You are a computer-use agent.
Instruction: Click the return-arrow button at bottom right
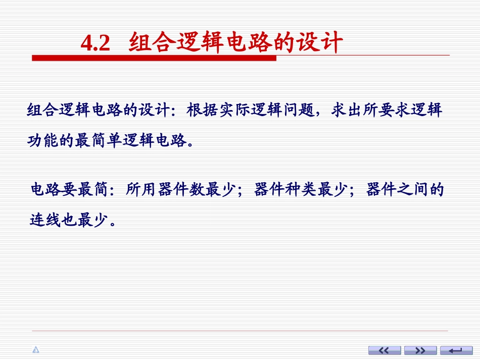(x=456, y=350)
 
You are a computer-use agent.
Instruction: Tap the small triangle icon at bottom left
(x=35, y=350)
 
